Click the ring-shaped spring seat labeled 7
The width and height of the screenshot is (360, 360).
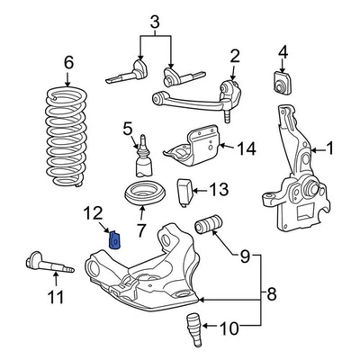click(x=141, y=195)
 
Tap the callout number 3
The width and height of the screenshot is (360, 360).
click(x=155, y=22)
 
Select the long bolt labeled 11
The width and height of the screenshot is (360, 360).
click(x=40, y=267)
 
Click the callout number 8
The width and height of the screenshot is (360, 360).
click(x=272, y=292)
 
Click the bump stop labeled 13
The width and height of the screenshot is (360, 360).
click(x=185, y=191)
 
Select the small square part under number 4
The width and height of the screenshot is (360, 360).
click(x=281, y=83)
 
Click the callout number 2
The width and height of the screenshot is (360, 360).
click(x=235, y=58)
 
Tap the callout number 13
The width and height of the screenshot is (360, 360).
click(x=219, y=189)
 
